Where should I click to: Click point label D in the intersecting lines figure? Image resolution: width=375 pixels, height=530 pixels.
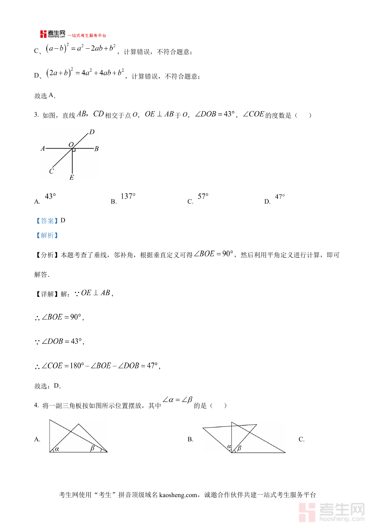point(92,132)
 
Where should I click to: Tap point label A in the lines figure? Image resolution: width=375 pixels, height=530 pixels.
point(42,148)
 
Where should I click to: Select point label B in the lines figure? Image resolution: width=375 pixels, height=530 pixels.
point(96,149)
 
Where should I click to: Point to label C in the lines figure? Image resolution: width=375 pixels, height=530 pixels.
point(51,171)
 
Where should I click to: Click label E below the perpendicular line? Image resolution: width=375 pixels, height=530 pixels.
point(72,178)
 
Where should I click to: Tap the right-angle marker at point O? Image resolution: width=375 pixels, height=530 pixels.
point(74,149)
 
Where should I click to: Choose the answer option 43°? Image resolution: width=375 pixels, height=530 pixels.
point(50,197)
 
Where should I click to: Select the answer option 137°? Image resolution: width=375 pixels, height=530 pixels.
point(128,197)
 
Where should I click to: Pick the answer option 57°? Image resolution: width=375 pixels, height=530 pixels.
point(203,197)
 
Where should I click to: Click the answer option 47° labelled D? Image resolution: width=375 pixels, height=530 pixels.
point(280,197)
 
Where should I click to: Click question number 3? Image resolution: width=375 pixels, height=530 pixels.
point(36,116)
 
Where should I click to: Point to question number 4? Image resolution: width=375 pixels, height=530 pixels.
point(36,406)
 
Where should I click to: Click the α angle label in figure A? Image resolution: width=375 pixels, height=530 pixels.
point(57,448)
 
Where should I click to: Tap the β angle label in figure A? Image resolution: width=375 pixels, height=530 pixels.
point(93,448)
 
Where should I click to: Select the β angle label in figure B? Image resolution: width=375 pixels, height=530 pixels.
point(239,448)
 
